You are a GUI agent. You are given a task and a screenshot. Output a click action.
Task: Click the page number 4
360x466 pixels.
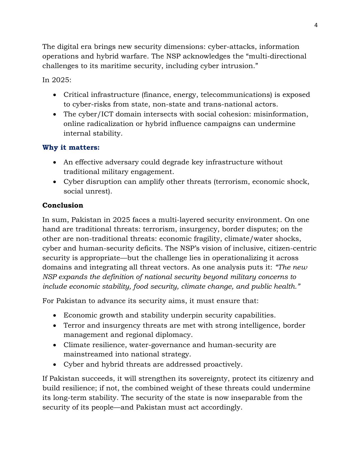316,25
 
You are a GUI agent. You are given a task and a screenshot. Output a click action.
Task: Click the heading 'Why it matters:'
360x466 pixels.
71,147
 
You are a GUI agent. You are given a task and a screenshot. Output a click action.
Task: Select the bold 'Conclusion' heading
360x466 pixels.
63,205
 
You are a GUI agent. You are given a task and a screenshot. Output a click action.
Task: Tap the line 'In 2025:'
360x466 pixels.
57,80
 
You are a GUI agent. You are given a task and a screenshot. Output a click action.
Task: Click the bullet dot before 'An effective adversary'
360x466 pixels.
55,162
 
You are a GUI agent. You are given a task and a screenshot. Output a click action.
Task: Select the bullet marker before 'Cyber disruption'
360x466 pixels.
55,182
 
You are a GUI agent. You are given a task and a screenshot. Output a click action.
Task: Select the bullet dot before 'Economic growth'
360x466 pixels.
55,315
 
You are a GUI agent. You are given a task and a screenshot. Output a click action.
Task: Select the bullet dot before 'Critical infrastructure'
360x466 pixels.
55,95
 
